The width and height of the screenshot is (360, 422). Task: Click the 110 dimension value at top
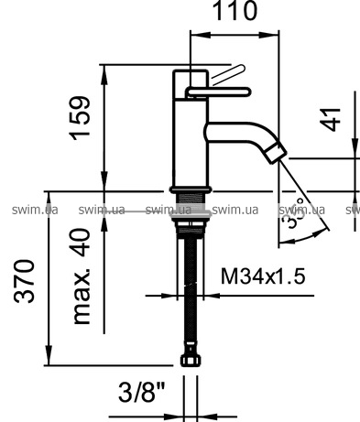coord(235,11)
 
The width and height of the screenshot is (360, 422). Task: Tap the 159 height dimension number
coord(81,118)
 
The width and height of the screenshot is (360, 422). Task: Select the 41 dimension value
coord(330,119)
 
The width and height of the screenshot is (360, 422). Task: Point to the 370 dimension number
coord(24,281)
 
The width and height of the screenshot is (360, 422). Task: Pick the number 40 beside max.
coord(82,242)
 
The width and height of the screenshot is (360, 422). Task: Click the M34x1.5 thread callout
coord(263,276)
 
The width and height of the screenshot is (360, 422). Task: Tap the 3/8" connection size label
coord(142,392)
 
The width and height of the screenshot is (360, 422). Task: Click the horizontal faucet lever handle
coord(219,92)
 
